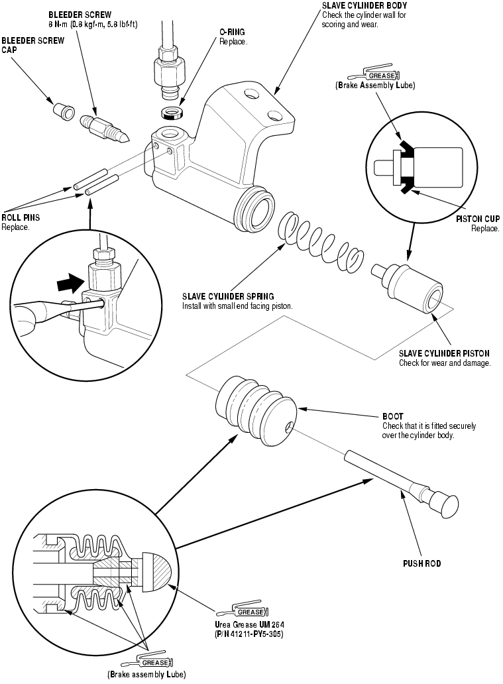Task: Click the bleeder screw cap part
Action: coord(64,111)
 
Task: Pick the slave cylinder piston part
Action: coord(408,288)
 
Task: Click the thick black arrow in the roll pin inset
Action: coord(70,284)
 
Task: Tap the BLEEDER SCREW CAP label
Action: coord(32,45)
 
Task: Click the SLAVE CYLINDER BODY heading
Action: coord(364,6)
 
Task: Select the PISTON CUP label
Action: coord(478,219)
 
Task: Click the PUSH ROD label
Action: coord(422,563)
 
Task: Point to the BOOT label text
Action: coord(392,416)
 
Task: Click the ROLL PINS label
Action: coord(21,217)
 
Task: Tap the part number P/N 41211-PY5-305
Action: coord(249,634)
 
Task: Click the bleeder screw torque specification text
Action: coord(93,25)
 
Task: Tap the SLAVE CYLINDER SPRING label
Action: coord(228,297)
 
